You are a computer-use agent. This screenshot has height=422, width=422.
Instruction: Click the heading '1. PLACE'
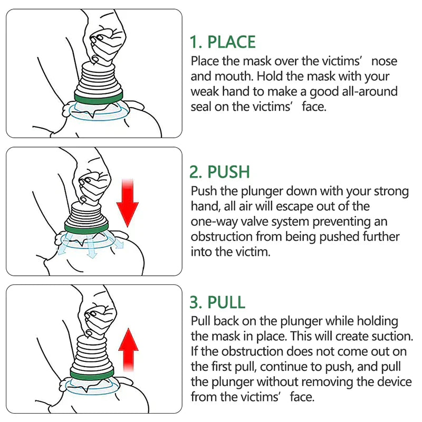coord(223,42)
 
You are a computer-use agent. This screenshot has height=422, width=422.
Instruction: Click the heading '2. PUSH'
coord(219,172)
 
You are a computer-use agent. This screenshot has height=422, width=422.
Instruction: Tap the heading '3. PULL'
coord(217,302)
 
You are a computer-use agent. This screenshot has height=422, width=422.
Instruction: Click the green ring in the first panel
coord(99,97)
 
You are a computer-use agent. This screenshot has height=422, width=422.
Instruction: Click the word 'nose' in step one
coord(385,61)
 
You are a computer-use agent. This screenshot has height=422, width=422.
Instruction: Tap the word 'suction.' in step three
coord(390,335)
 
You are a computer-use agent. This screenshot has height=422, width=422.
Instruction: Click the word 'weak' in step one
coord(204,92)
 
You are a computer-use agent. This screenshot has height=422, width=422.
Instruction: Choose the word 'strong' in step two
coord(392,191)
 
